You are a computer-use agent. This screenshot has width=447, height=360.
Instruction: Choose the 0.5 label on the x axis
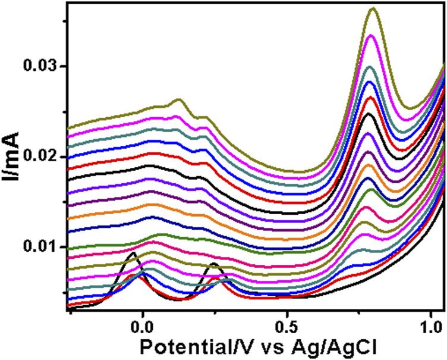click(x=287, y=325)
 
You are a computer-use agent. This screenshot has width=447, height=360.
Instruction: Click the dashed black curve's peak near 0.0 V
click(x=132, y=253)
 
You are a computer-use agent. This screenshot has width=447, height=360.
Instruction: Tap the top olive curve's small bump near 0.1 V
click(x=178, y=99)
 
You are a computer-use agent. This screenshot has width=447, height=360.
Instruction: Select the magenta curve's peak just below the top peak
click(x=372, y=36)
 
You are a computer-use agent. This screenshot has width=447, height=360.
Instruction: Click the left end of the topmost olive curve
click(x=67, y=127)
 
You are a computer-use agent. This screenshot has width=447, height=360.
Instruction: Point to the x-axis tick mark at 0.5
click(x=287, y=309)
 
